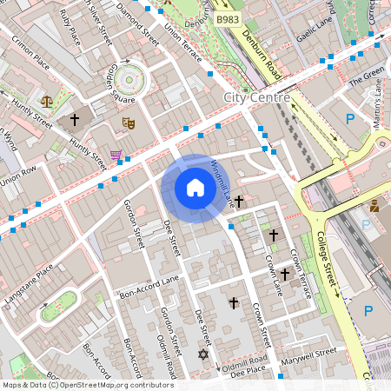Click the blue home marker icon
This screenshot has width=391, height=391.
tap(195, 188)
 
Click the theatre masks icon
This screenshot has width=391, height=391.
tap(128, 123)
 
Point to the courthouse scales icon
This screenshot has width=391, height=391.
tap(47, 101)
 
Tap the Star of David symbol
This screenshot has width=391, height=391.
tap(204, 355)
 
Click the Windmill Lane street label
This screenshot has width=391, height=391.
tap(224, 186)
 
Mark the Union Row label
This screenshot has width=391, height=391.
tap(19, 175)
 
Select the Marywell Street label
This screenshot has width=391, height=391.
tap(314, 354)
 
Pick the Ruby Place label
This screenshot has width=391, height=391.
tap(69, 28)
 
